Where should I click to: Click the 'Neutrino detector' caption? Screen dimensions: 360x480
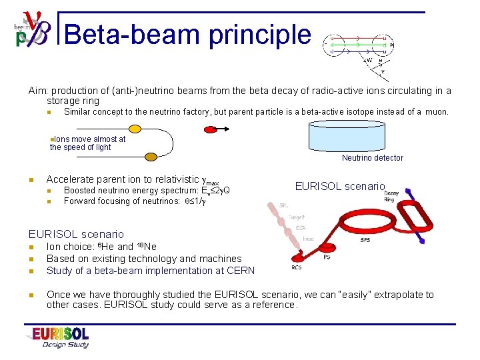[x=372, y=158]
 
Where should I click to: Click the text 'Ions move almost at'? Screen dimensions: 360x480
[x=89, y=139]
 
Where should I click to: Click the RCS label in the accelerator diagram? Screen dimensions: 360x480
[x=297, y=267]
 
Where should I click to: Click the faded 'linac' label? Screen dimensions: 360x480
[x=309, y=239]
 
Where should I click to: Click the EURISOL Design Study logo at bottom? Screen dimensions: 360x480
[x=57, y=337]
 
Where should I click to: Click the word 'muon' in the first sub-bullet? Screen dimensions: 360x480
[x=437, y=112]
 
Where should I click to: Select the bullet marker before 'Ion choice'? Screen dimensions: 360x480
[x=31, y=247]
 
